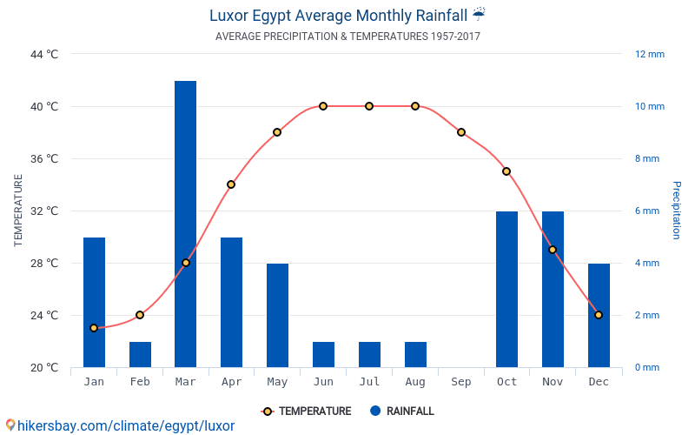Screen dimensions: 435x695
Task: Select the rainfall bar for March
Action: click(185, 224)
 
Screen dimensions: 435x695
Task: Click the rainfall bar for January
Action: click(94, 302)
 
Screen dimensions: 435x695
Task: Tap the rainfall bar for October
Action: click(506, 289)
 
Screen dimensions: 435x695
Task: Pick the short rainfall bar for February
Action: click(140, 354)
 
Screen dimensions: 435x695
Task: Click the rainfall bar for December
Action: click(599, 315)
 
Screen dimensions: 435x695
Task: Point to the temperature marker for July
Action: click(369, 106)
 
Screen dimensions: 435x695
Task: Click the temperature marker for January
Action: click(94, 328)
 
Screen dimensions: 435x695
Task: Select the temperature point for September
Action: click(461, 132)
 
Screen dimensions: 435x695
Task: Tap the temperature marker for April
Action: click(231, 184)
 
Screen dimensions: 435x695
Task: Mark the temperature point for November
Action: click(553, 250)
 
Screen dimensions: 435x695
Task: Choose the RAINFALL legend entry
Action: click(401, 412)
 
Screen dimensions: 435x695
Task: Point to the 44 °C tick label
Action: click(44, 54)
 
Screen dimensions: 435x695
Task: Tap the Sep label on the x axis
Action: click(461, 382)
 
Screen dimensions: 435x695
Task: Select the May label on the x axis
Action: click(277, 382)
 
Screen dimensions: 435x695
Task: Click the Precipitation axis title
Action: click(677, 211)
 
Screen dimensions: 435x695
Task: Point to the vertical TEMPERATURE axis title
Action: click(18, 211)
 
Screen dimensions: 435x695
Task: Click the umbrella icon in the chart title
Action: click(479, 14)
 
